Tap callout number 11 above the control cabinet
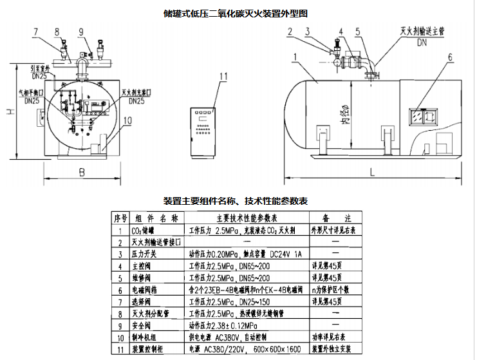(x=223, y=77)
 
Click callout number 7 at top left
(x=36, y=32)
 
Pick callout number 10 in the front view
(x=126, y=119)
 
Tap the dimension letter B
(x=82, y=172)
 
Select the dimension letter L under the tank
(x=373, y=171)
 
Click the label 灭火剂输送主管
(x=424, y=31)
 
